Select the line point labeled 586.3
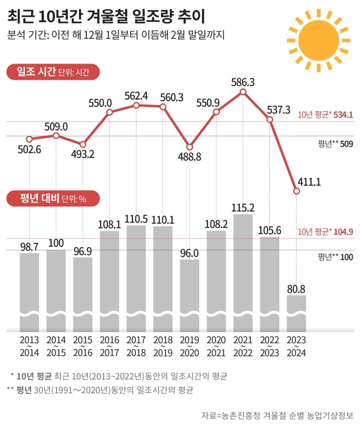point(243,92)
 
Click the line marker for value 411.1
point(296,191)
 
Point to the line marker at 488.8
point(189,147)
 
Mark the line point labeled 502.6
point(29,139)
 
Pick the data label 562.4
point(136,96)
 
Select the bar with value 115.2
point(243,267)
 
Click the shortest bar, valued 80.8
point(296,312)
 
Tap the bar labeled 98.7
point(29,289)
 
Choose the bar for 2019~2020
point(189,292)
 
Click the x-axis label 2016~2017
point(109,345)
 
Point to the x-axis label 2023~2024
point(296,345)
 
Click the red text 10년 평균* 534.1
point(326,115)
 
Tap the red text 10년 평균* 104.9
point(326,232)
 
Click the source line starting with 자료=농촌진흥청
point(277,416)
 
